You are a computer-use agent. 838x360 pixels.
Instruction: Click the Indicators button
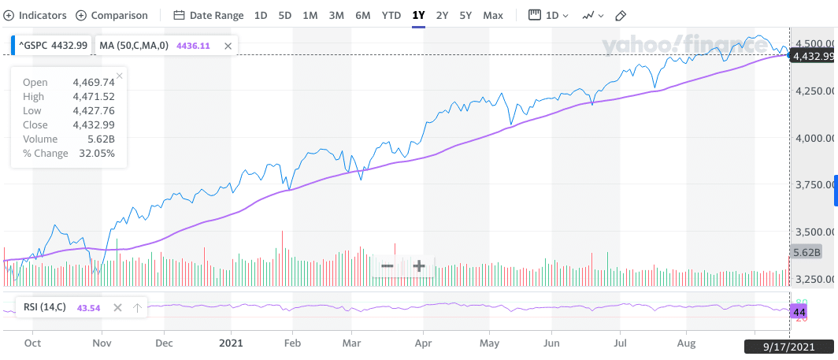37,15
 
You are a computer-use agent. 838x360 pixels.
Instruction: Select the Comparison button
112,15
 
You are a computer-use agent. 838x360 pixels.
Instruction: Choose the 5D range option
285,15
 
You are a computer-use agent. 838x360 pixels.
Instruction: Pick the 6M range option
362,15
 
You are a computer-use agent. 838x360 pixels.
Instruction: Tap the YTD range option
391,15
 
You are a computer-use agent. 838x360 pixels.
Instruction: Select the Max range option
493,15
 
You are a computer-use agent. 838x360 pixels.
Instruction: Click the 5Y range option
465,15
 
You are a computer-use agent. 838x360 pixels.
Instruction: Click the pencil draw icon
621,15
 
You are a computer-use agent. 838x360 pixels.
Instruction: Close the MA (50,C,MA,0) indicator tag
228,46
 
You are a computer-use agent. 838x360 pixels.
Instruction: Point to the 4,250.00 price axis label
814,91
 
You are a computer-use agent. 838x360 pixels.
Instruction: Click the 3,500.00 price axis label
814,232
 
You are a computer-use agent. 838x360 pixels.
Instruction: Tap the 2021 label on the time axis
231,343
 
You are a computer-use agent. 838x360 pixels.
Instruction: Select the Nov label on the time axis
102,343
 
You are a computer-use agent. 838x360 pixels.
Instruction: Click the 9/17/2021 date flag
789,345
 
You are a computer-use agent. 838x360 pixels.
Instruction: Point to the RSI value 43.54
88,308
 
